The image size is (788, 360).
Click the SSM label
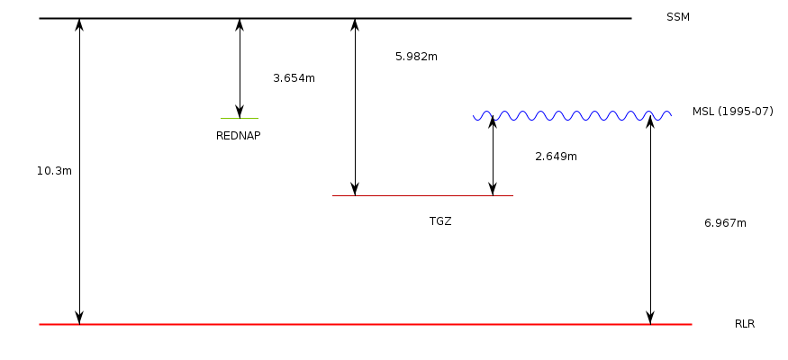678,17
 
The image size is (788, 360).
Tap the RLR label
745,323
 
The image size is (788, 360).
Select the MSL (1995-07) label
732,112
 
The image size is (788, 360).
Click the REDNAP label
239,136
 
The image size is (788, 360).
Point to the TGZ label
440,220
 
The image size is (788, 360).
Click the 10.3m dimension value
54,170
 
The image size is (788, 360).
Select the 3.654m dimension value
294,78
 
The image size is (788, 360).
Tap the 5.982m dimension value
416,57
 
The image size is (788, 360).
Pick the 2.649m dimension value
556,157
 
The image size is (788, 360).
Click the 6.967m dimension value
725,222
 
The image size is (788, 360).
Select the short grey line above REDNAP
240,118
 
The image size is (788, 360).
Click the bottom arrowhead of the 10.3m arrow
79,317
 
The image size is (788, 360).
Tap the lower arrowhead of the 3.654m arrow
240,112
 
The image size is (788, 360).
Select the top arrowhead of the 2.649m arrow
493,122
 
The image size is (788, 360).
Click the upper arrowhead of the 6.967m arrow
650,122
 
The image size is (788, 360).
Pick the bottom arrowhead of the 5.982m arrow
355,189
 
